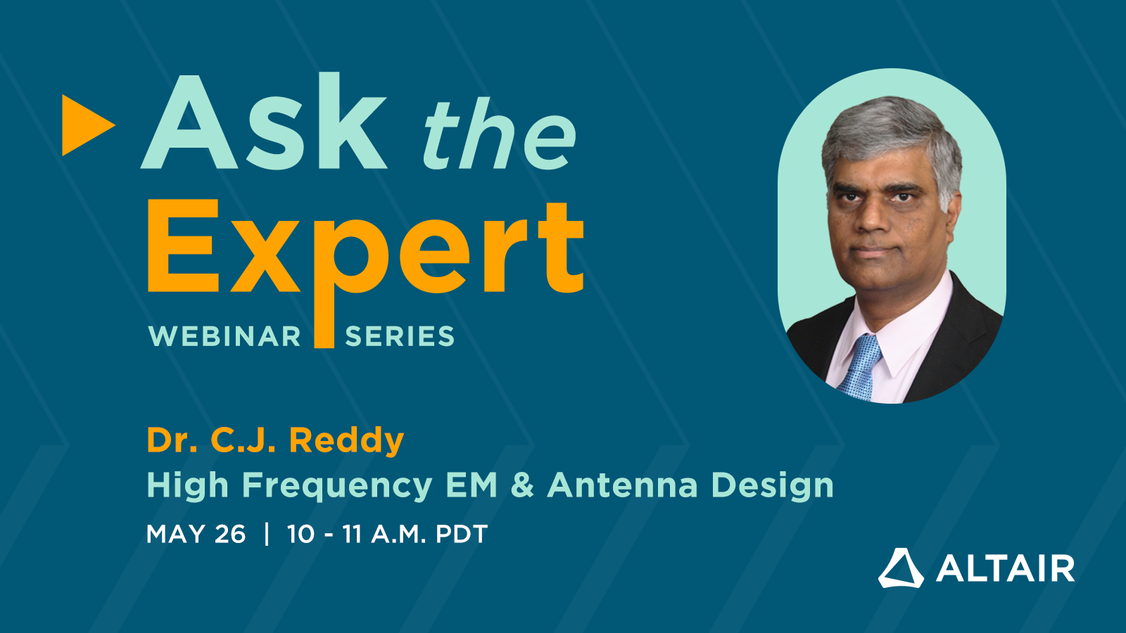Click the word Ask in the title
[x=264, y=123]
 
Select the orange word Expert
[x=365, y=250]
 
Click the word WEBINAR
[x=224, y=337]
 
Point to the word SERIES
[x=400, y=337]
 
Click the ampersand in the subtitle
[x=522, y=485]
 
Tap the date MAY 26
[x=196, y=535]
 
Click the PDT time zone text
[x=462, y=535]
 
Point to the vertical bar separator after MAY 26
[x=267, y=534]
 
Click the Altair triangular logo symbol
[x=901, y=568]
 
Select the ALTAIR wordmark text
[x=1005, y=569]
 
